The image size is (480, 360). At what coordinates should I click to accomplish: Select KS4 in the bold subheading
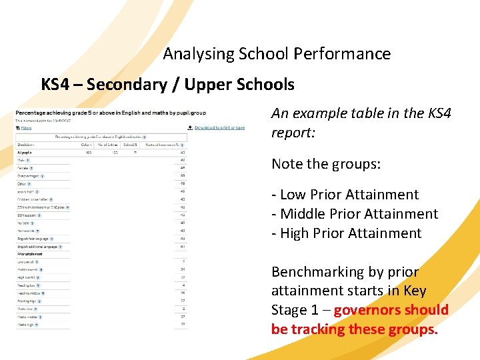click(x=57, y=85)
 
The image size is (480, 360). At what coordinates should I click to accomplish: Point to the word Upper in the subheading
click(x=208, y=85)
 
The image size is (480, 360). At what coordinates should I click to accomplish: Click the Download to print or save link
click(x=219, y=127)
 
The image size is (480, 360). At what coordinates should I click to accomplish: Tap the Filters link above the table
click(x=26, y=127)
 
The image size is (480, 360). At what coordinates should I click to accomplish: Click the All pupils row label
click(x=25, y=153)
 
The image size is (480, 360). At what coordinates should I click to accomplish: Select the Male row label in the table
click(x=22, y=160)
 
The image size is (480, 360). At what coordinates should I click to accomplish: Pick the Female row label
click(x=23, y=168)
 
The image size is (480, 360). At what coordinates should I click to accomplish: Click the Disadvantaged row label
click(x=29, y=176)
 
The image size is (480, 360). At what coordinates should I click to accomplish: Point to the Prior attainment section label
click(x=29, y=254)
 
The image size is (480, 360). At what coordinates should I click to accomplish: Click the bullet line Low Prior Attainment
click(x=345, y=195)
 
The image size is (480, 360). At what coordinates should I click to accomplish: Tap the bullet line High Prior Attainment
click(x=346, y=234)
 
